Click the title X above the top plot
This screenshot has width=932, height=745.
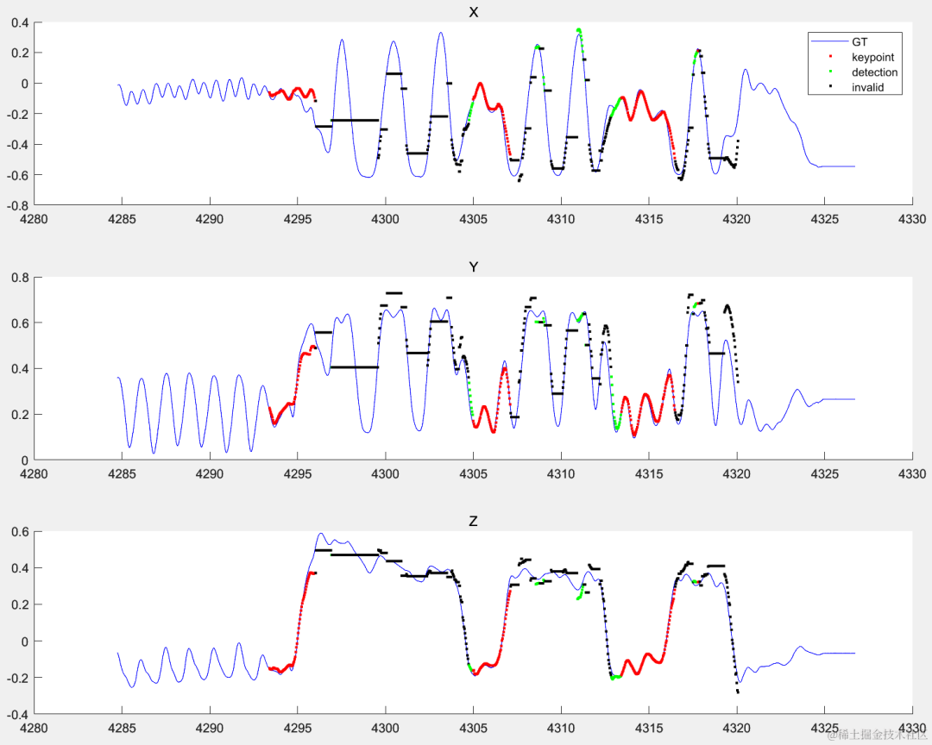click(x=473, y=12)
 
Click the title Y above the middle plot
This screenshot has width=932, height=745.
click(x=473, y=267)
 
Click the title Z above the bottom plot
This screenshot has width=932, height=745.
click(x=473, y=522)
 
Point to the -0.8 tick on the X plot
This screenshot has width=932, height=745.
click(x=19, y=206)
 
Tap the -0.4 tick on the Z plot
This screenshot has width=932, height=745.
click(x=19, y=715)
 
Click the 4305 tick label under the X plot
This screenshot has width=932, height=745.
click(x=473, y=219)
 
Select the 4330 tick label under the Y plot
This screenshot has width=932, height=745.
click(x=912, y=473)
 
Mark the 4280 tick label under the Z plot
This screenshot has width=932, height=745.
click(x=35, y=728)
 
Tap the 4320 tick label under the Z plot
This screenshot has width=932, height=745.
click(x=737, y=728)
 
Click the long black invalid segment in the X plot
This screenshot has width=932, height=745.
click(x=355, y=120)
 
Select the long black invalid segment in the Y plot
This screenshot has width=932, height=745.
click(x=355, y=367)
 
